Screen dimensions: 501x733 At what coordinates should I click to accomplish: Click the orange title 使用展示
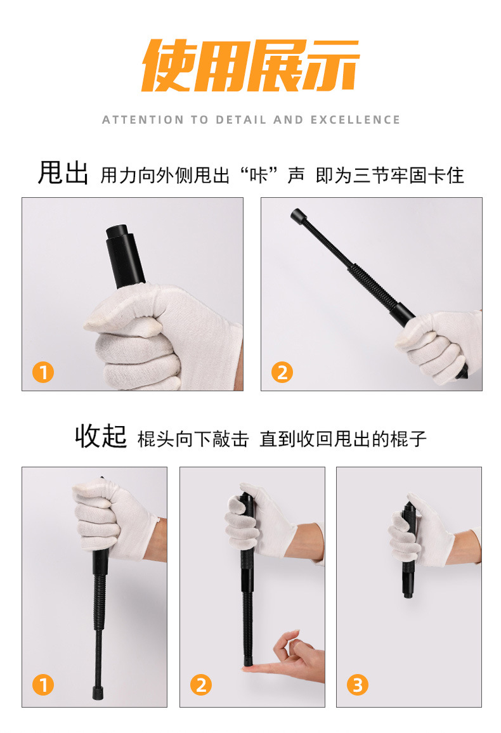click(x=251, y=65)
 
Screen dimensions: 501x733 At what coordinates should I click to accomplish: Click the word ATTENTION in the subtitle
click(x=143, y=120)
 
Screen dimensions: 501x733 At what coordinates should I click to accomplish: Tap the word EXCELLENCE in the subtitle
click(x=355, y=120)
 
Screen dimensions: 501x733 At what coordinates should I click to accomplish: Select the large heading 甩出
click(x=63, y=173)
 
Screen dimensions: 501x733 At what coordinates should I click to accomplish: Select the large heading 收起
click(x=101, y=436)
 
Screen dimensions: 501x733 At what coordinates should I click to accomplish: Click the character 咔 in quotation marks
click(x=259, y=176)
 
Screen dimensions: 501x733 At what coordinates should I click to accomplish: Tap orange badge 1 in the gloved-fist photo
click(x=43, y=373)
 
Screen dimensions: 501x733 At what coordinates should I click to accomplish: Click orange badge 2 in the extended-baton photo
click(x=282, y=373)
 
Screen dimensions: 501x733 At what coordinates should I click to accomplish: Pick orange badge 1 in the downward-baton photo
click(x=43, y=685)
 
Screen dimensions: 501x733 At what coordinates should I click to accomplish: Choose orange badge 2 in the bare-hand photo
click(x=201, y=685)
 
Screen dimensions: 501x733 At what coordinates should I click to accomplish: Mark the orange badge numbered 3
click(x=358, y=685)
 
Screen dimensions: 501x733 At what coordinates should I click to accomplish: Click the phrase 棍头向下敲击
click(x=193, y=439)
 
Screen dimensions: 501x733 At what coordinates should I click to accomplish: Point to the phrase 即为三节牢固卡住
click(x=390, y=176)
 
